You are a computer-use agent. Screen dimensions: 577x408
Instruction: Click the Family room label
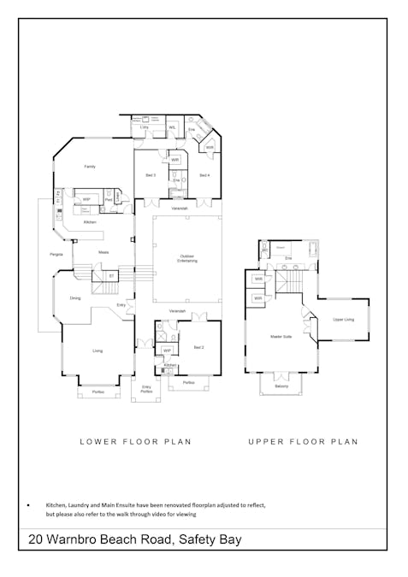(x=89, y=167)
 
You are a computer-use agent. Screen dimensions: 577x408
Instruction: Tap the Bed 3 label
(x=150, y=175)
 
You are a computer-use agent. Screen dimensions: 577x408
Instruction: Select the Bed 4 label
(x=204, y=175)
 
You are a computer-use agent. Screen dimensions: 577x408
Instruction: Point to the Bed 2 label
(x=198, y=348)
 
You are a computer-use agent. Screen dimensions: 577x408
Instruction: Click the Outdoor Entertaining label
(x=187, y=258)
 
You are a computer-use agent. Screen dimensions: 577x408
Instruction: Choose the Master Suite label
(x=281, y=337)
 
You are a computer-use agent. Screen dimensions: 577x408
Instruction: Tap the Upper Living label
(x=343, y=319)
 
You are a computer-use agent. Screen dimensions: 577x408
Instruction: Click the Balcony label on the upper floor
(x=281, y=386)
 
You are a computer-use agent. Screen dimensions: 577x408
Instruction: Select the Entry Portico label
(x=146, y=390)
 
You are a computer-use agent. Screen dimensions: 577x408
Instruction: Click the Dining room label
(x=75, y=297)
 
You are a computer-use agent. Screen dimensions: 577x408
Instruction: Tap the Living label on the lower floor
(x=98, y=350)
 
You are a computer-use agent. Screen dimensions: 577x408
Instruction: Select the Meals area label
(x=103, y=252)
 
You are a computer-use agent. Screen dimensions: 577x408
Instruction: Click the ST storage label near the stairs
(x=111, y=276)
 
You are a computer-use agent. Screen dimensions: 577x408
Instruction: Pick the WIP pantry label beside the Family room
(x=86, y=199)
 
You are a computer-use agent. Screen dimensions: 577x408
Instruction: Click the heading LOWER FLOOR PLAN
(x=135, y=442)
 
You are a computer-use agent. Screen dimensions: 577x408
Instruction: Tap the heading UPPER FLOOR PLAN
(x=303, y=442)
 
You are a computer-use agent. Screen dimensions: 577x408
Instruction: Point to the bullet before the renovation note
(x=29, y=506)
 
